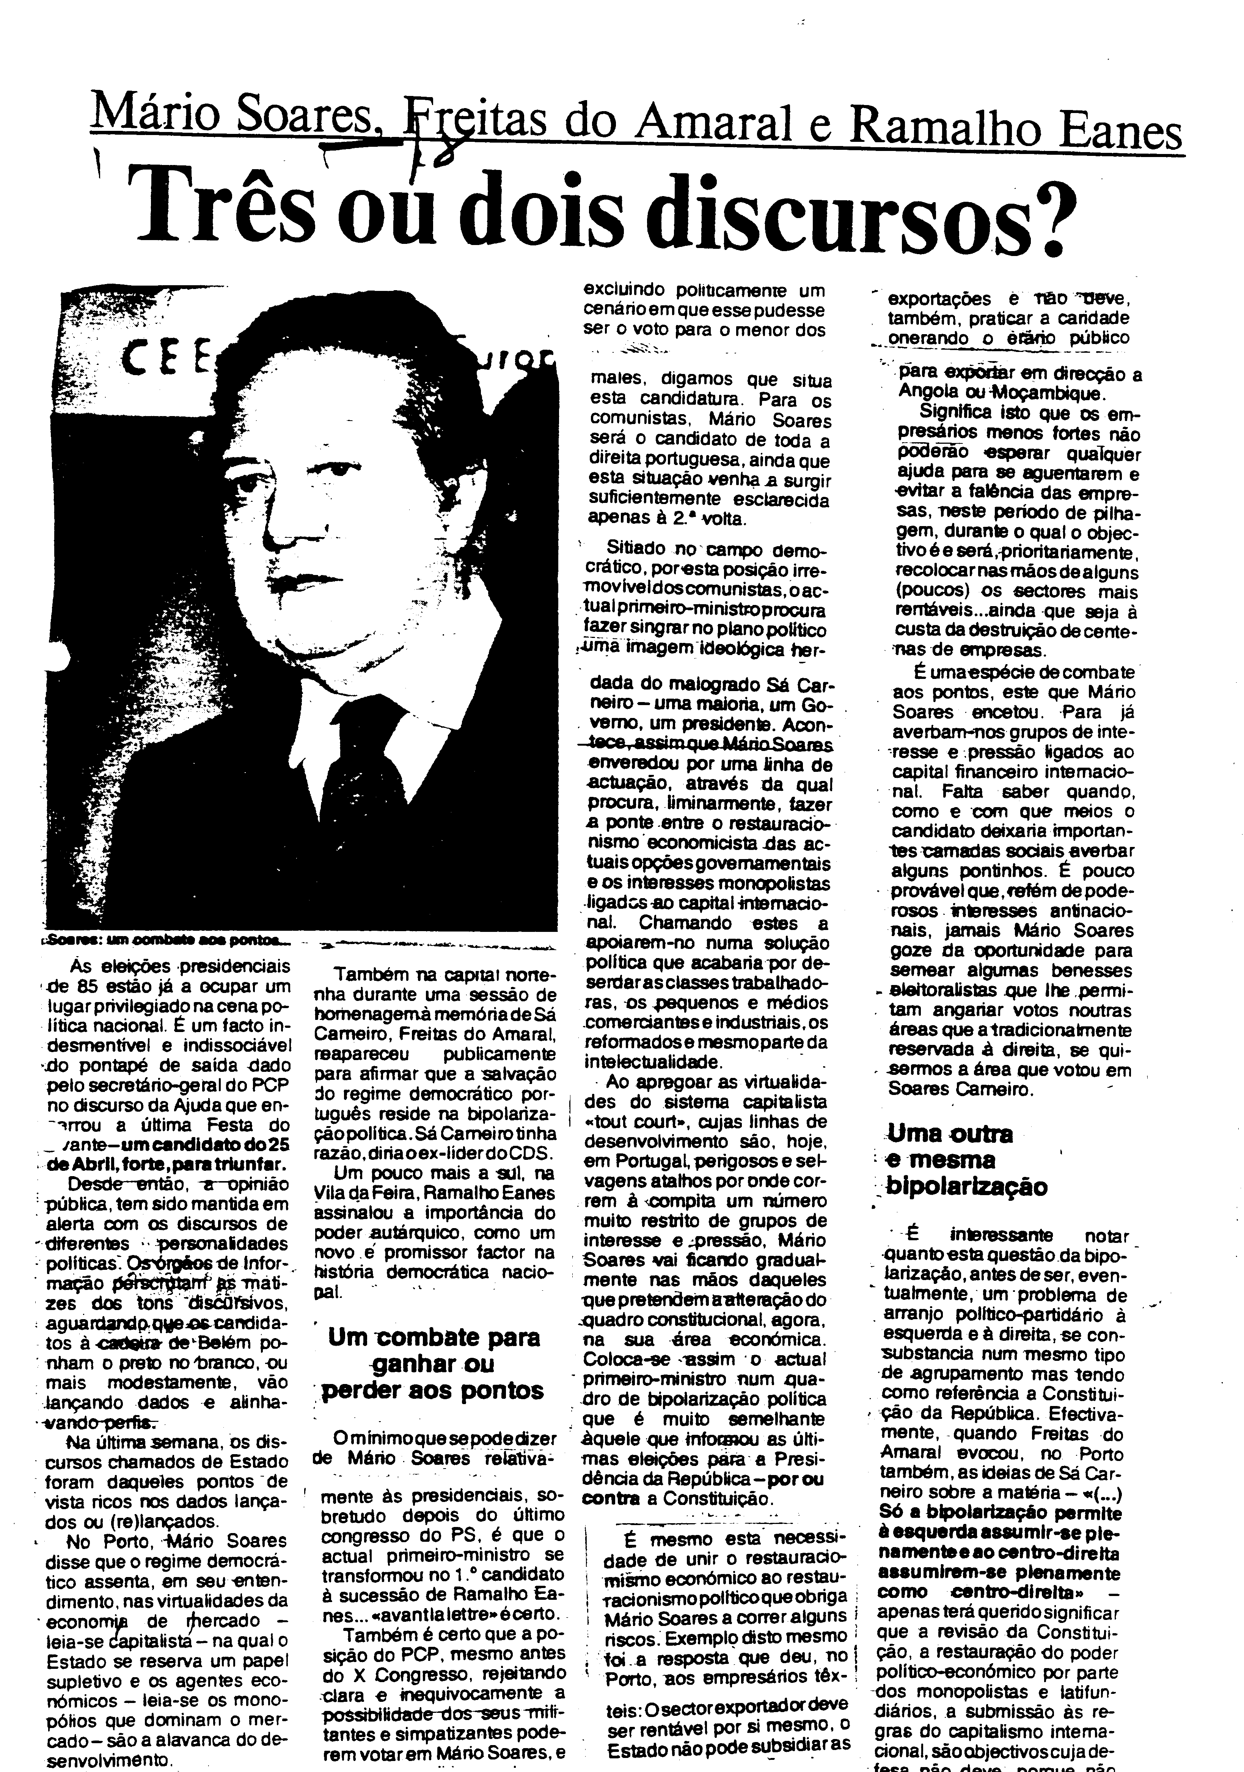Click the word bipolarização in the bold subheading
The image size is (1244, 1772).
(x=966, y=1186)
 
